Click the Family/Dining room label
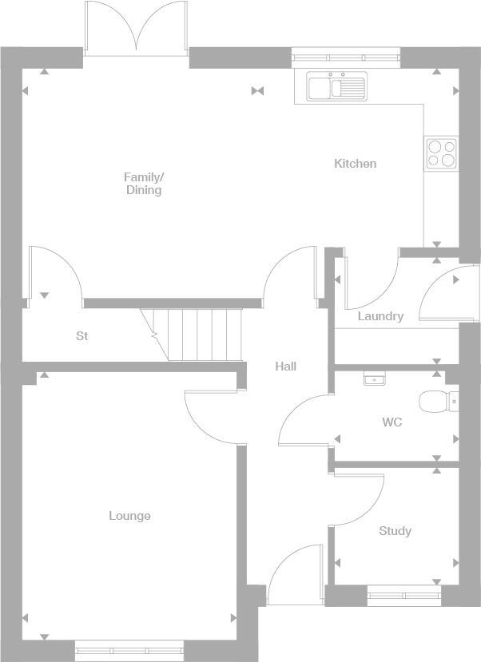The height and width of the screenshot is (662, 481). pos(144,183)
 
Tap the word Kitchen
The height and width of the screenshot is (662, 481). pos(355,164)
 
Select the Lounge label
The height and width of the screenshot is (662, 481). pos(129,516)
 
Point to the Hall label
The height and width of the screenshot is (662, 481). pos(285,366)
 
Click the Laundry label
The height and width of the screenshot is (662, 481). pos(380,316)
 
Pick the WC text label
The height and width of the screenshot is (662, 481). pos(392,422)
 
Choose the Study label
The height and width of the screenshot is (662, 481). pos(395,531)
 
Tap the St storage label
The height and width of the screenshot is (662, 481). pos(82,336)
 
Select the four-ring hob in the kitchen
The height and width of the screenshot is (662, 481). pos(440,153)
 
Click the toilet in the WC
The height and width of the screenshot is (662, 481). pos(439,401)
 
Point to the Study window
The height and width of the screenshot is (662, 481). pos(404,594)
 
